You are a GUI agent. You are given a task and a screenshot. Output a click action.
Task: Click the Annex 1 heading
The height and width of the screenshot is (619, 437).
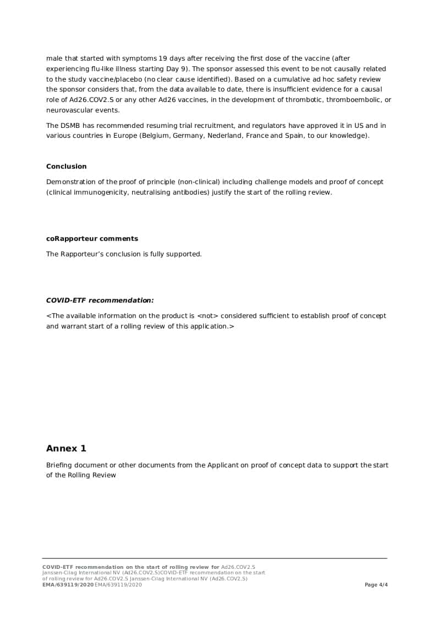(x=66, y=449)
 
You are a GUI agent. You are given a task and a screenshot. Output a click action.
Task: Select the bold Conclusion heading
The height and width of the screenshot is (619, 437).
(x=66, y=166)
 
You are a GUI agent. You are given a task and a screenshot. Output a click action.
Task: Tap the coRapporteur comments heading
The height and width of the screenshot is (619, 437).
(x=92, y=239)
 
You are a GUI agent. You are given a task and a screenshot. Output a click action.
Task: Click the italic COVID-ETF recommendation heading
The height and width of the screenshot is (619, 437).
(x=100, y=300)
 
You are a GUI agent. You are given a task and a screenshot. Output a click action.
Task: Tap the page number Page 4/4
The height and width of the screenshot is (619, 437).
(x=376, y=585)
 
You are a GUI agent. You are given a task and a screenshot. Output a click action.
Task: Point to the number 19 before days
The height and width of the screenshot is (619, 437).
(x=162, y=58)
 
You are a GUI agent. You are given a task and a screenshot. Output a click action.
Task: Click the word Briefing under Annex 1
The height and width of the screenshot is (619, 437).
(x=59, y=465)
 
